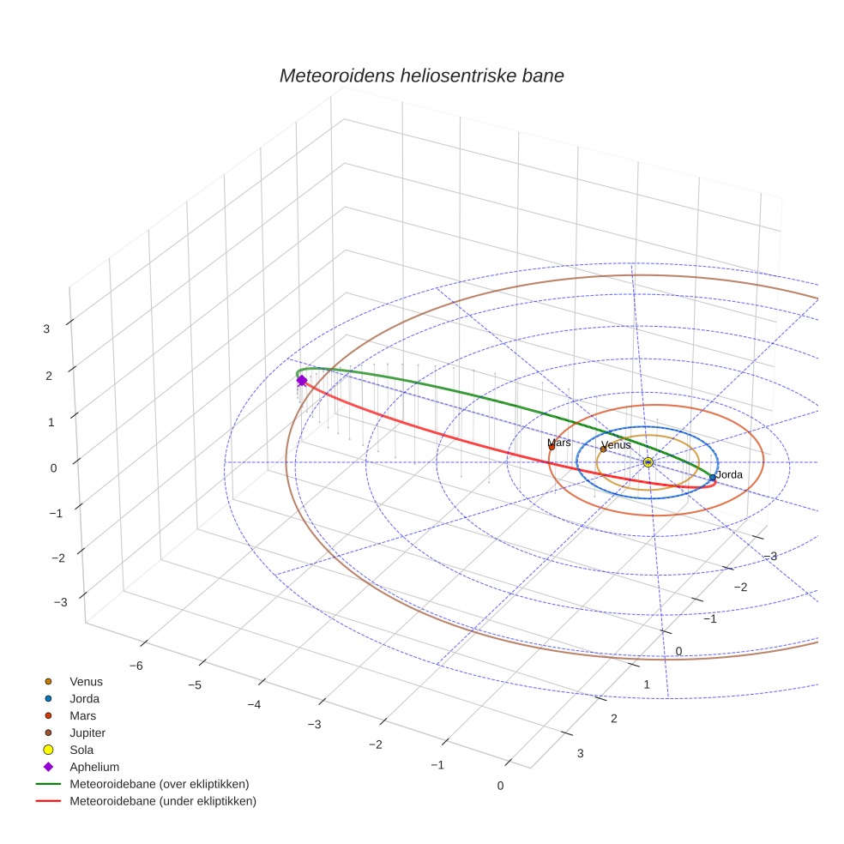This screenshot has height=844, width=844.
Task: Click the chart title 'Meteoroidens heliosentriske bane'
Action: pos(421,75)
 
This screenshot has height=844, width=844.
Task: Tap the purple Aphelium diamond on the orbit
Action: pos(301,381)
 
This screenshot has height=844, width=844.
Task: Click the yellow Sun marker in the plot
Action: pos(648,462)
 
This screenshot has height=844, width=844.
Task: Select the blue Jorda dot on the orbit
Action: pos(712,477)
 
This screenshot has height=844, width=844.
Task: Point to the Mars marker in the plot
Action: pos(552,447)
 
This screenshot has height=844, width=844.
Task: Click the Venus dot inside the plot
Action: pos(603,449)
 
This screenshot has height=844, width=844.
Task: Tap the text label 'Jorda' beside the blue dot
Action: pos(729,474)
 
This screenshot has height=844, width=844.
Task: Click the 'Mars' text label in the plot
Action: pos(559,443)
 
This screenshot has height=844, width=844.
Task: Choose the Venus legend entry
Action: pos(86,682)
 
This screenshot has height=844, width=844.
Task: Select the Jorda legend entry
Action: pos(84,699)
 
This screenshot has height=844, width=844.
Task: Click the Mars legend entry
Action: pos(82,715)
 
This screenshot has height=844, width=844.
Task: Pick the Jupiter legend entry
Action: pos(87,732)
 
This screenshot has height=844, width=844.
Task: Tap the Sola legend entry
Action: pos(82,750)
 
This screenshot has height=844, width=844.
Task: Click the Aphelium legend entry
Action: pos(94,767)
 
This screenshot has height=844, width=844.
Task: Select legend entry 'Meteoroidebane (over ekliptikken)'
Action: pos(160,784)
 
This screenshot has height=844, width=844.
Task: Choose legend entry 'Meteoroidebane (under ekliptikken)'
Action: pos(163,801)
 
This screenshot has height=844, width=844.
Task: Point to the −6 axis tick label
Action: pos(135,666)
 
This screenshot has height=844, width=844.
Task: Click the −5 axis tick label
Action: pos(195,685)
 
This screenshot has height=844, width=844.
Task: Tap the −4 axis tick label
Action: pos(254,704)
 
